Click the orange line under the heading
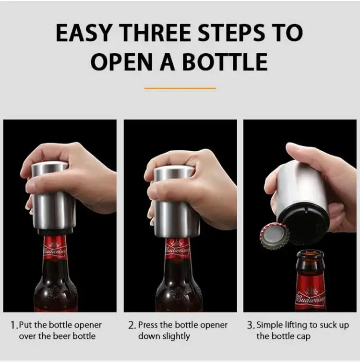tap(180, 88)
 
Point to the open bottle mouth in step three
tap(310, 254)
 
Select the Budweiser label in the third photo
tap(310, 299)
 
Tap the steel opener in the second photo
tap(174, 202)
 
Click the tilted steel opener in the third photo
tap(302, 197)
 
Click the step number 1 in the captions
tap(13, 326)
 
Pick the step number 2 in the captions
tap(132, 326)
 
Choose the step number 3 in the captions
tap(250, 326)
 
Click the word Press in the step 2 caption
tap(148, 326)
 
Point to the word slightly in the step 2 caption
tap(177, 336)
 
